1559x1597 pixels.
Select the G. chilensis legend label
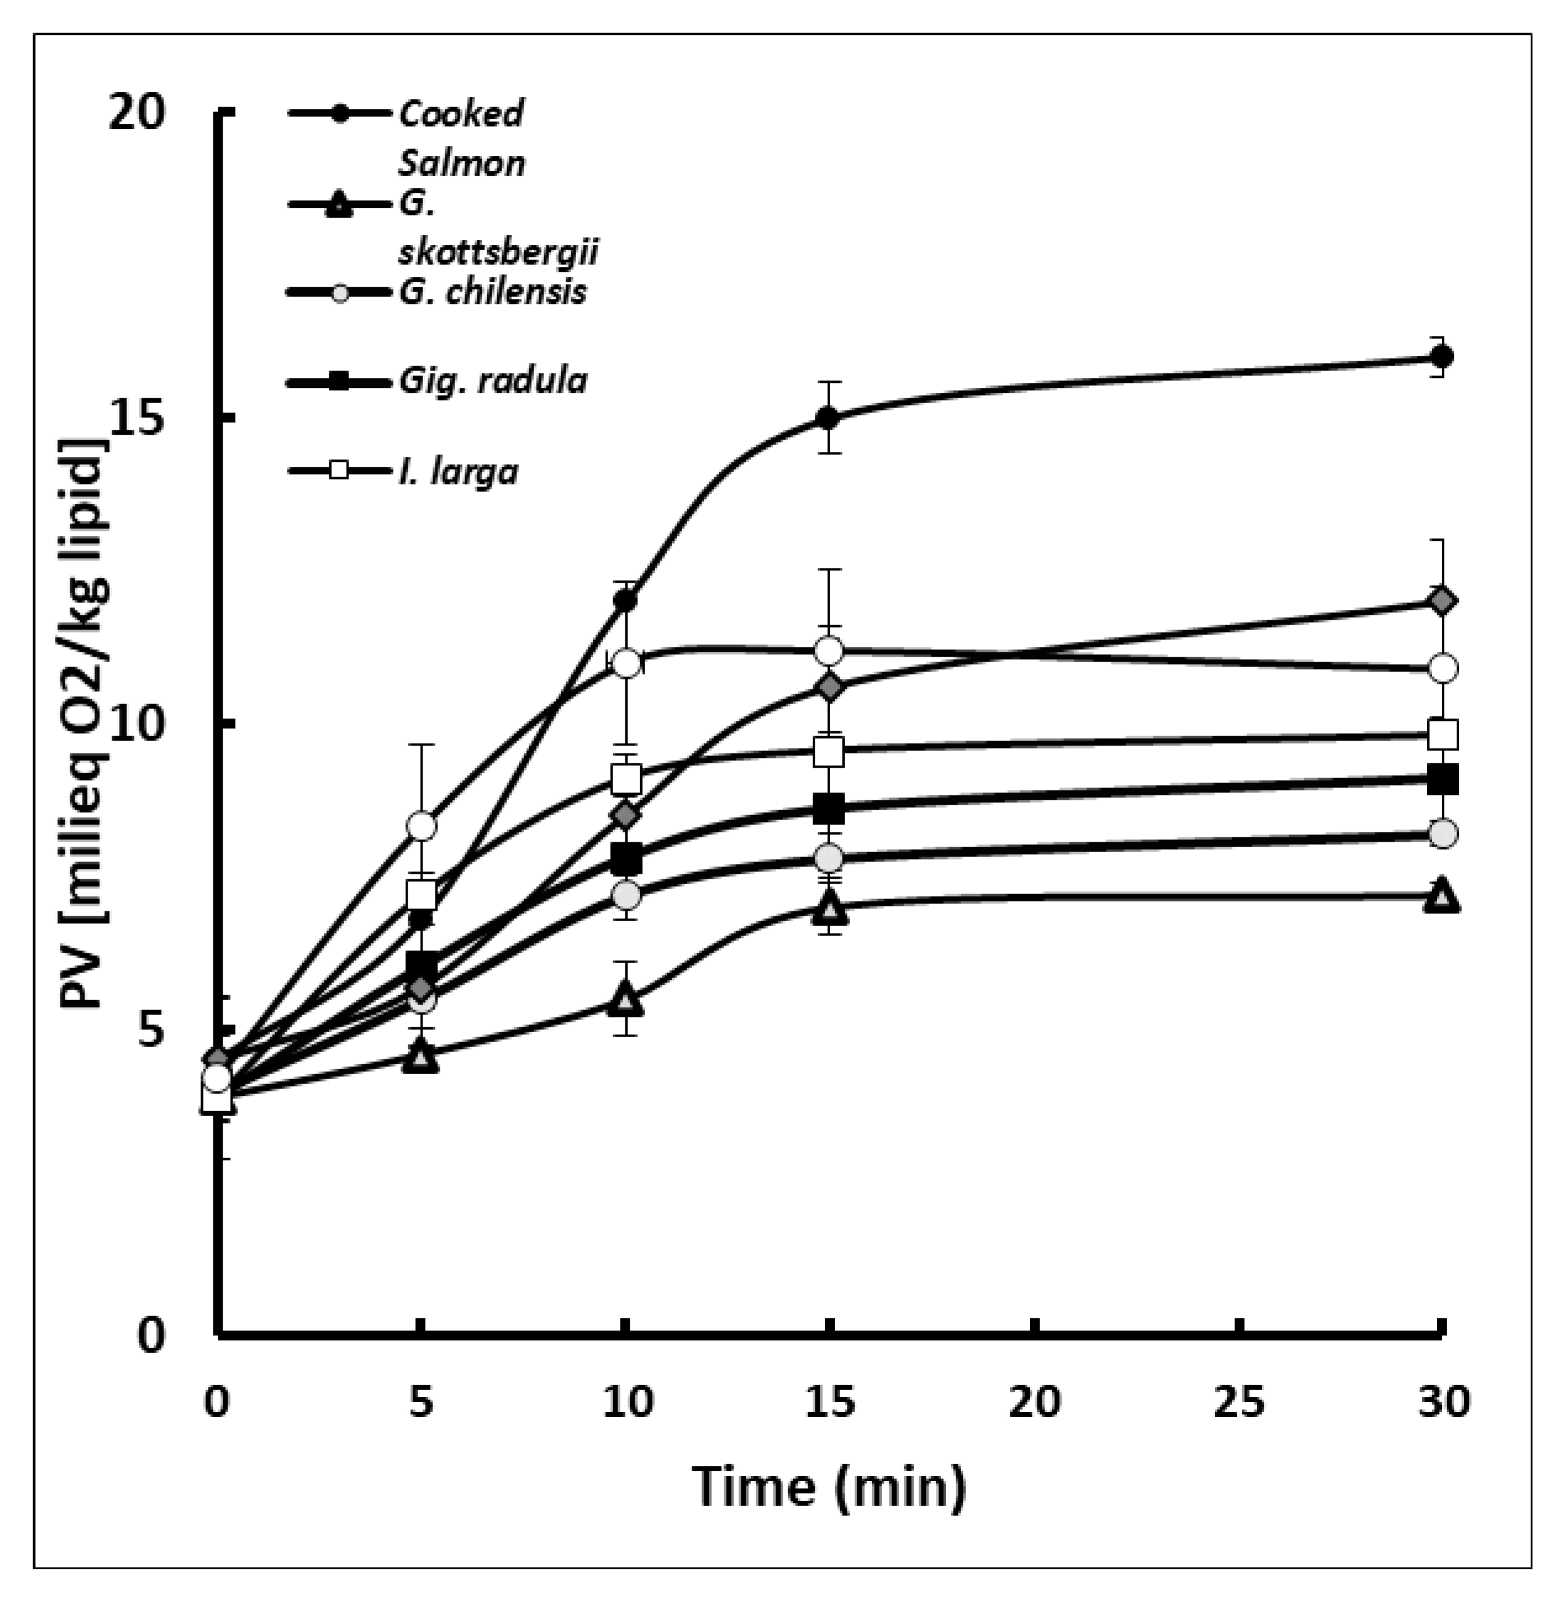pyautogui.click(x=493, y=292)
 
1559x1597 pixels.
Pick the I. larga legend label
pyautogui.click(x=459, y=472)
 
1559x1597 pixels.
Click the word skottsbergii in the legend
pyautogui.click(x=498, y=252)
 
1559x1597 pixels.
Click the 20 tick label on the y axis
pyautogui.click(x=138, y=112)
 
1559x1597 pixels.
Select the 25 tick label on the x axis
pyautogui.click(x=1240, y=1402)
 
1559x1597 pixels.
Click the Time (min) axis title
pyautogui.click(x=829, y=1487)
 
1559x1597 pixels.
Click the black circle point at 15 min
pyautogui.click(x=829, y=417)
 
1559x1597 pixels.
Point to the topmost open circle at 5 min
pyautogui.click(x=421, y=826)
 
